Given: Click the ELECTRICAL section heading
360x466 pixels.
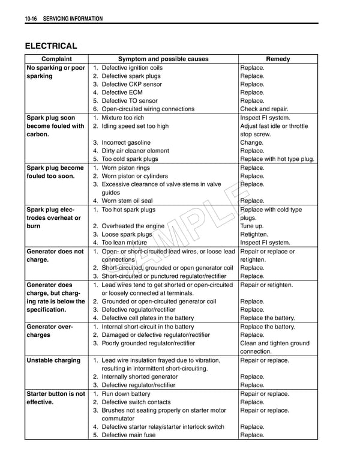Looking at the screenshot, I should [x=50, y=46].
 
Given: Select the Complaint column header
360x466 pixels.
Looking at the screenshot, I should [x=56, y=59].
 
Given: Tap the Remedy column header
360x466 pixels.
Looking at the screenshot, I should [x=278, y=59].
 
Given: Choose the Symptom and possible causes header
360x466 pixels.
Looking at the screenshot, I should [x=163, y=59].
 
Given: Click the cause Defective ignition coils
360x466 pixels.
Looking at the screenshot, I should [x=132, y=68].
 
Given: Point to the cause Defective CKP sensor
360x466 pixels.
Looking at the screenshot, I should [x=131, y=84].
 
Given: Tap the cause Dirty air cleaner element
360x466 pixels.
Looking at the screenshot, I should [x=135, y=151].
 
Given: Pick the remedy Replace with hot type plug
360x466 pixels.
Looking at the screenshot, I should [x=277, y=159].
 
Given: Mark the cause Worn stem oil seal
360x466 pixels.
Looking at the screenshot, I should [x=127, y=201].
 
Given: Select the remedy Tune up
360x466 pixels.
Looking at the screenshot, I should [x=253, y=226].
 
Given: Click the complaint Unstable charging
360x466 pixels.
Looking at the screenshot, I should [x=53, y=360].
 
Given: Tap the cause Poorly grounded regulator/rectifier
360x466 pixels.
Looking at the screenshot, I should [x=148, y=343].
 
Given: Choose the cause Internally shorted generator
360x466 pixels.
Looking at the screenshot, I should [x=139, y=377].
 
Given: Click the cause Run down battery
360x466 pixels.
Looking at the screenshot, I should [x=126, y=394].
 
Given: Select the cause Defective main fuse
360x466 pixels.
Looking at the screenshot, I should [x=128, y=435].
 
